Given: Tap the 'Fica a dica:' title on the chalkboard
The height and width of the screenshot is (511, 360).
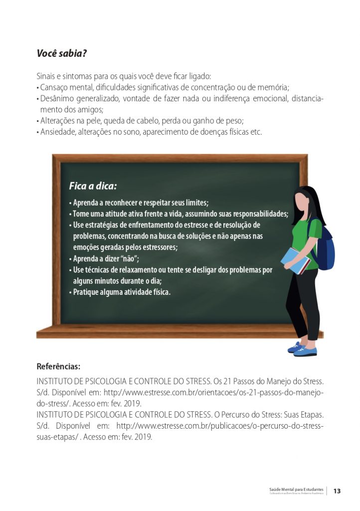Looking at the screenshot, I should pyautogui.click(x=93, y=187).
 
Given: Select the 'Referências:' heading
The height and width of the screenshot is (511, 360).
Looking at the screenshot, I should pyautogui.click(x=59, y=366).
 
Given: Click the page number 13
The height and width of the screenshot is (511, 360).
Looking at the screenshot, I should pyautogui.click(x=337, y=491).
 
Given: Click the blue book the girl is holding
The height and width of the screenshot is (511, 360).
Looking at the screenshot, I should pyautogui.click(x=295, y=261).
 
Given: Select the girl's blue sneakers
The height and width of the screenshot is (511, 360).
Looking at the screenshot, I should pyautogui.click(x=302, y=349).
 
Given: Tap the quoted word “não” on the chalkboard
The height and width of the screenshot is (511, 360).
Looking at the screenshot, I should pyautogui.click(x=129, y=258).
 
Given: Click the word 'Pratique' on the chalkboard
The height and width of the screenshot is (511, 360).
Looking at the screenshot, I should pyautogui.click(x=86, y=292).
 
